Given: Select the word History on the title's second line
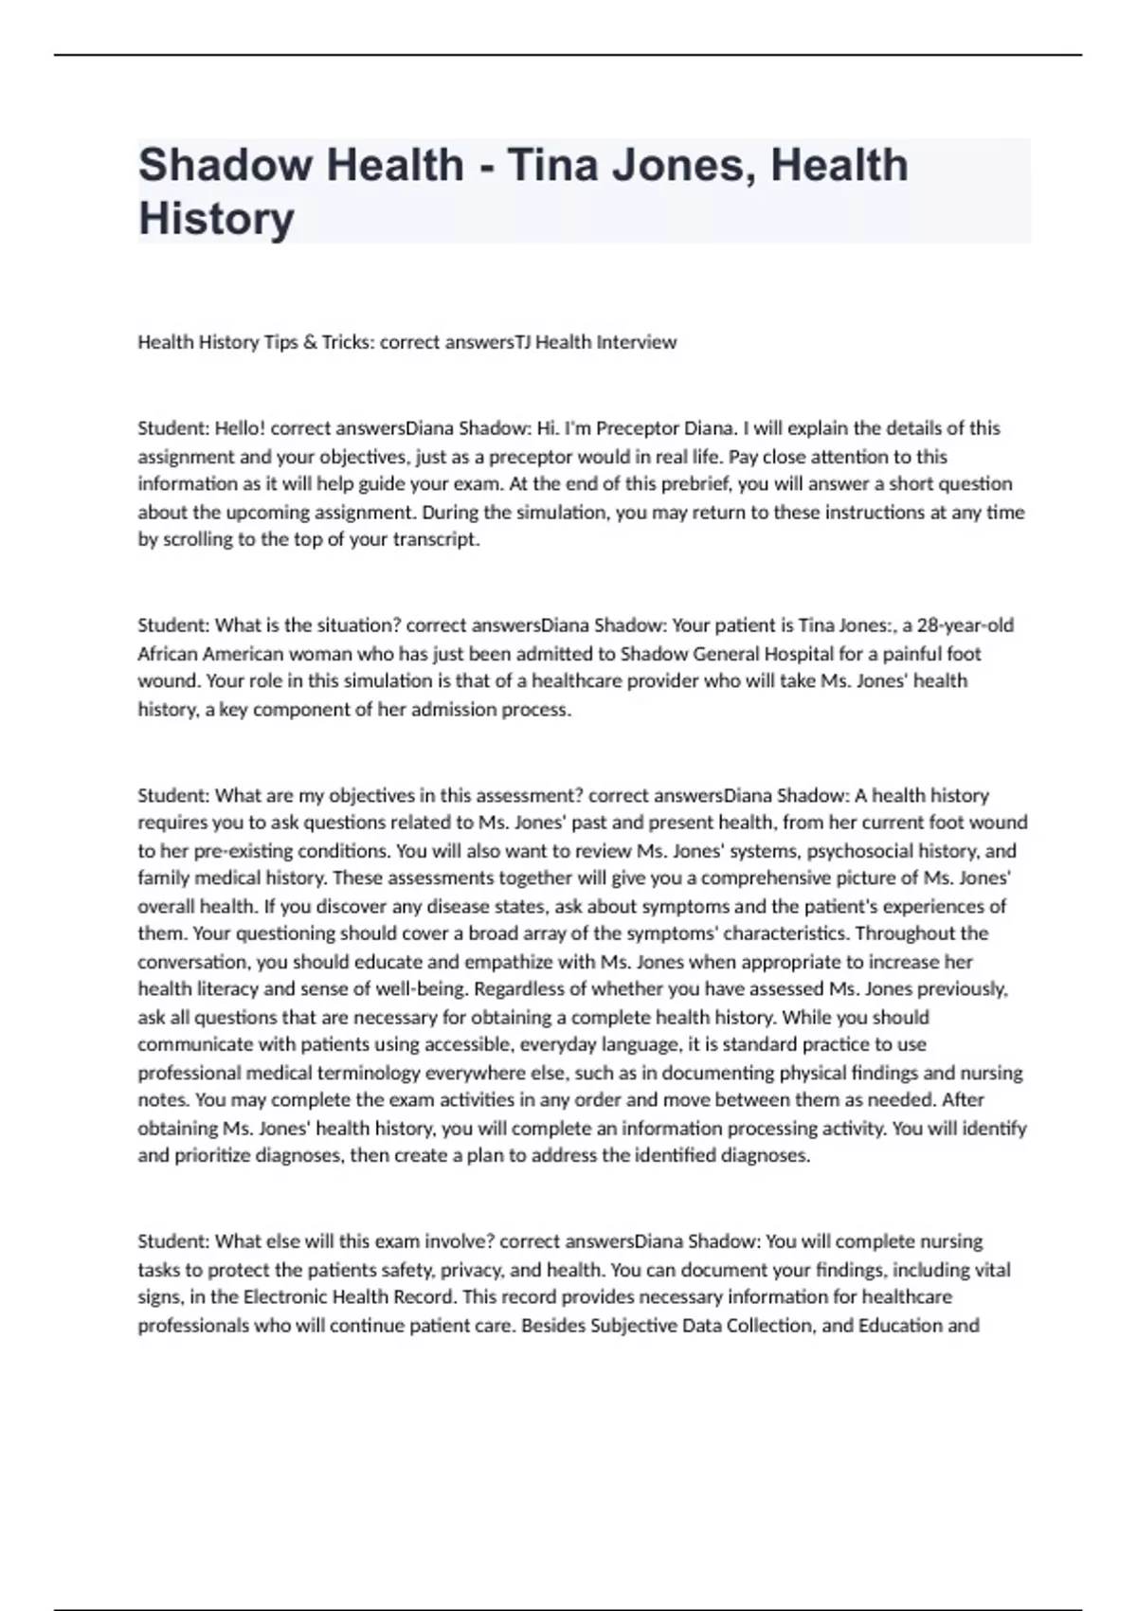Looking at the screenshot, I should [x=216, y=218].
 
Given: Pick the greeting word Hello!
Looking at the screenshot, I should [x=240, y=428].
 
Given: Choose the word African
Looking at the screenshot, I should [x=166, y=654].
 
